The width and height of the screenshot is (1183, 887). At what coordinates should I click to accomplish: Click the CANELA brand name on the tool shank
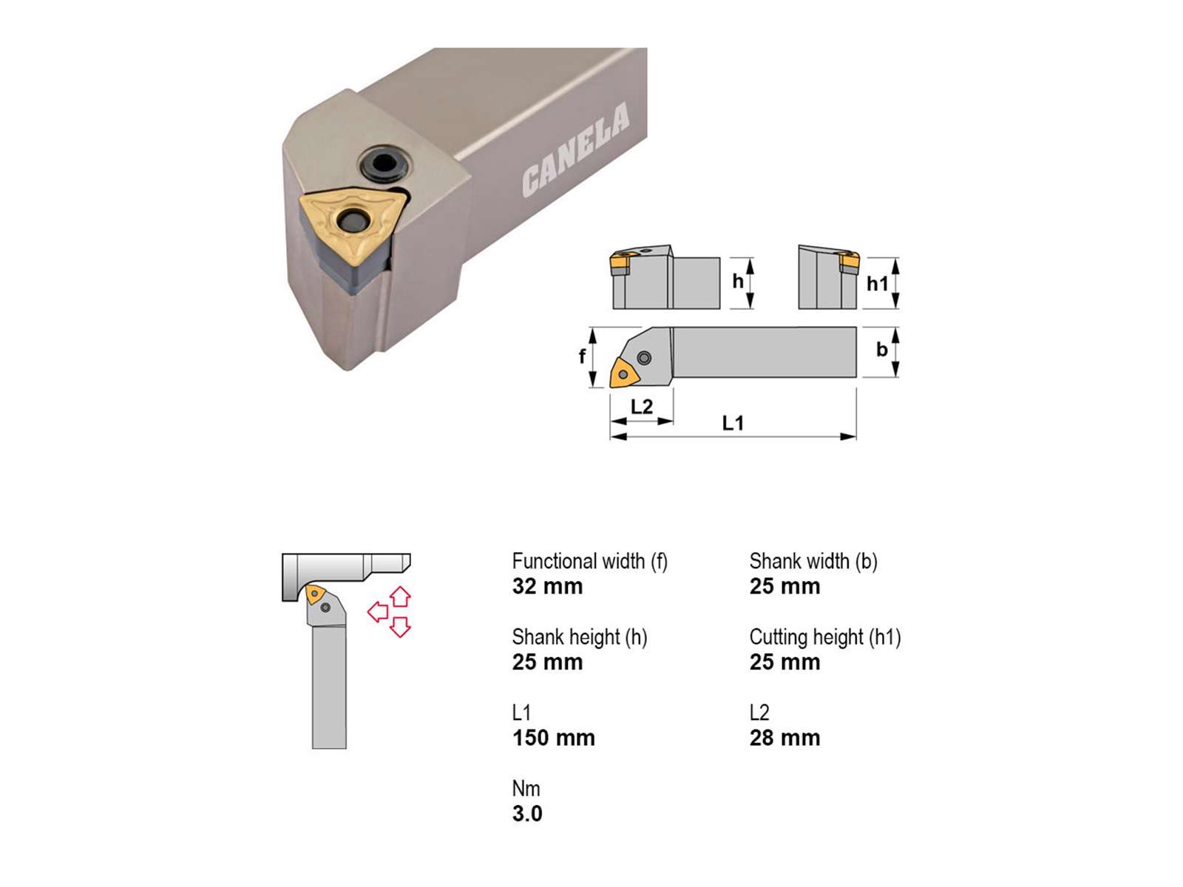click(575, 149)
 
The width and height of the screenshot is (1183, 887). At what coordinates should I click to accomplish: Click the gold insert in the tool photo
click(352, 223)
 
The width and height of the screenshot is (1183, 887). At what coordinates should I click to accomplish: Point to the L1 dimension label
click(733, 424)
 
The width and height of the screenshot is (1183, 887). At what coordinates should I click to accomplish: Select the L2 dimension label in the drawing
click(641, 407)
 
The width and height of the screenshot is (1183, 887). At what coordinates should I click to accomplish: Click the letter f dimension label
click(582, 356)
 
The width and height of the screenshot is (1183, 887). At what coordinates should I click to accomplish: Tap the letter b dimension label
click(882, 350)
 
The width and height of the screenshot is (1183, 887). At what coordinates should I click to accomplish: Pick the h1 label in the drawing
click(878, 284)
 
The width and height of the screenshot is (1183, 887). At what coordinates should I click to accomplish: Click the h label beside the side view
click(738, 281)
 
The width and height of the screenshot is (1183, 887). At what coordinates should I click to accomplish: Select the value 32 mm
click(548, 586)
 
